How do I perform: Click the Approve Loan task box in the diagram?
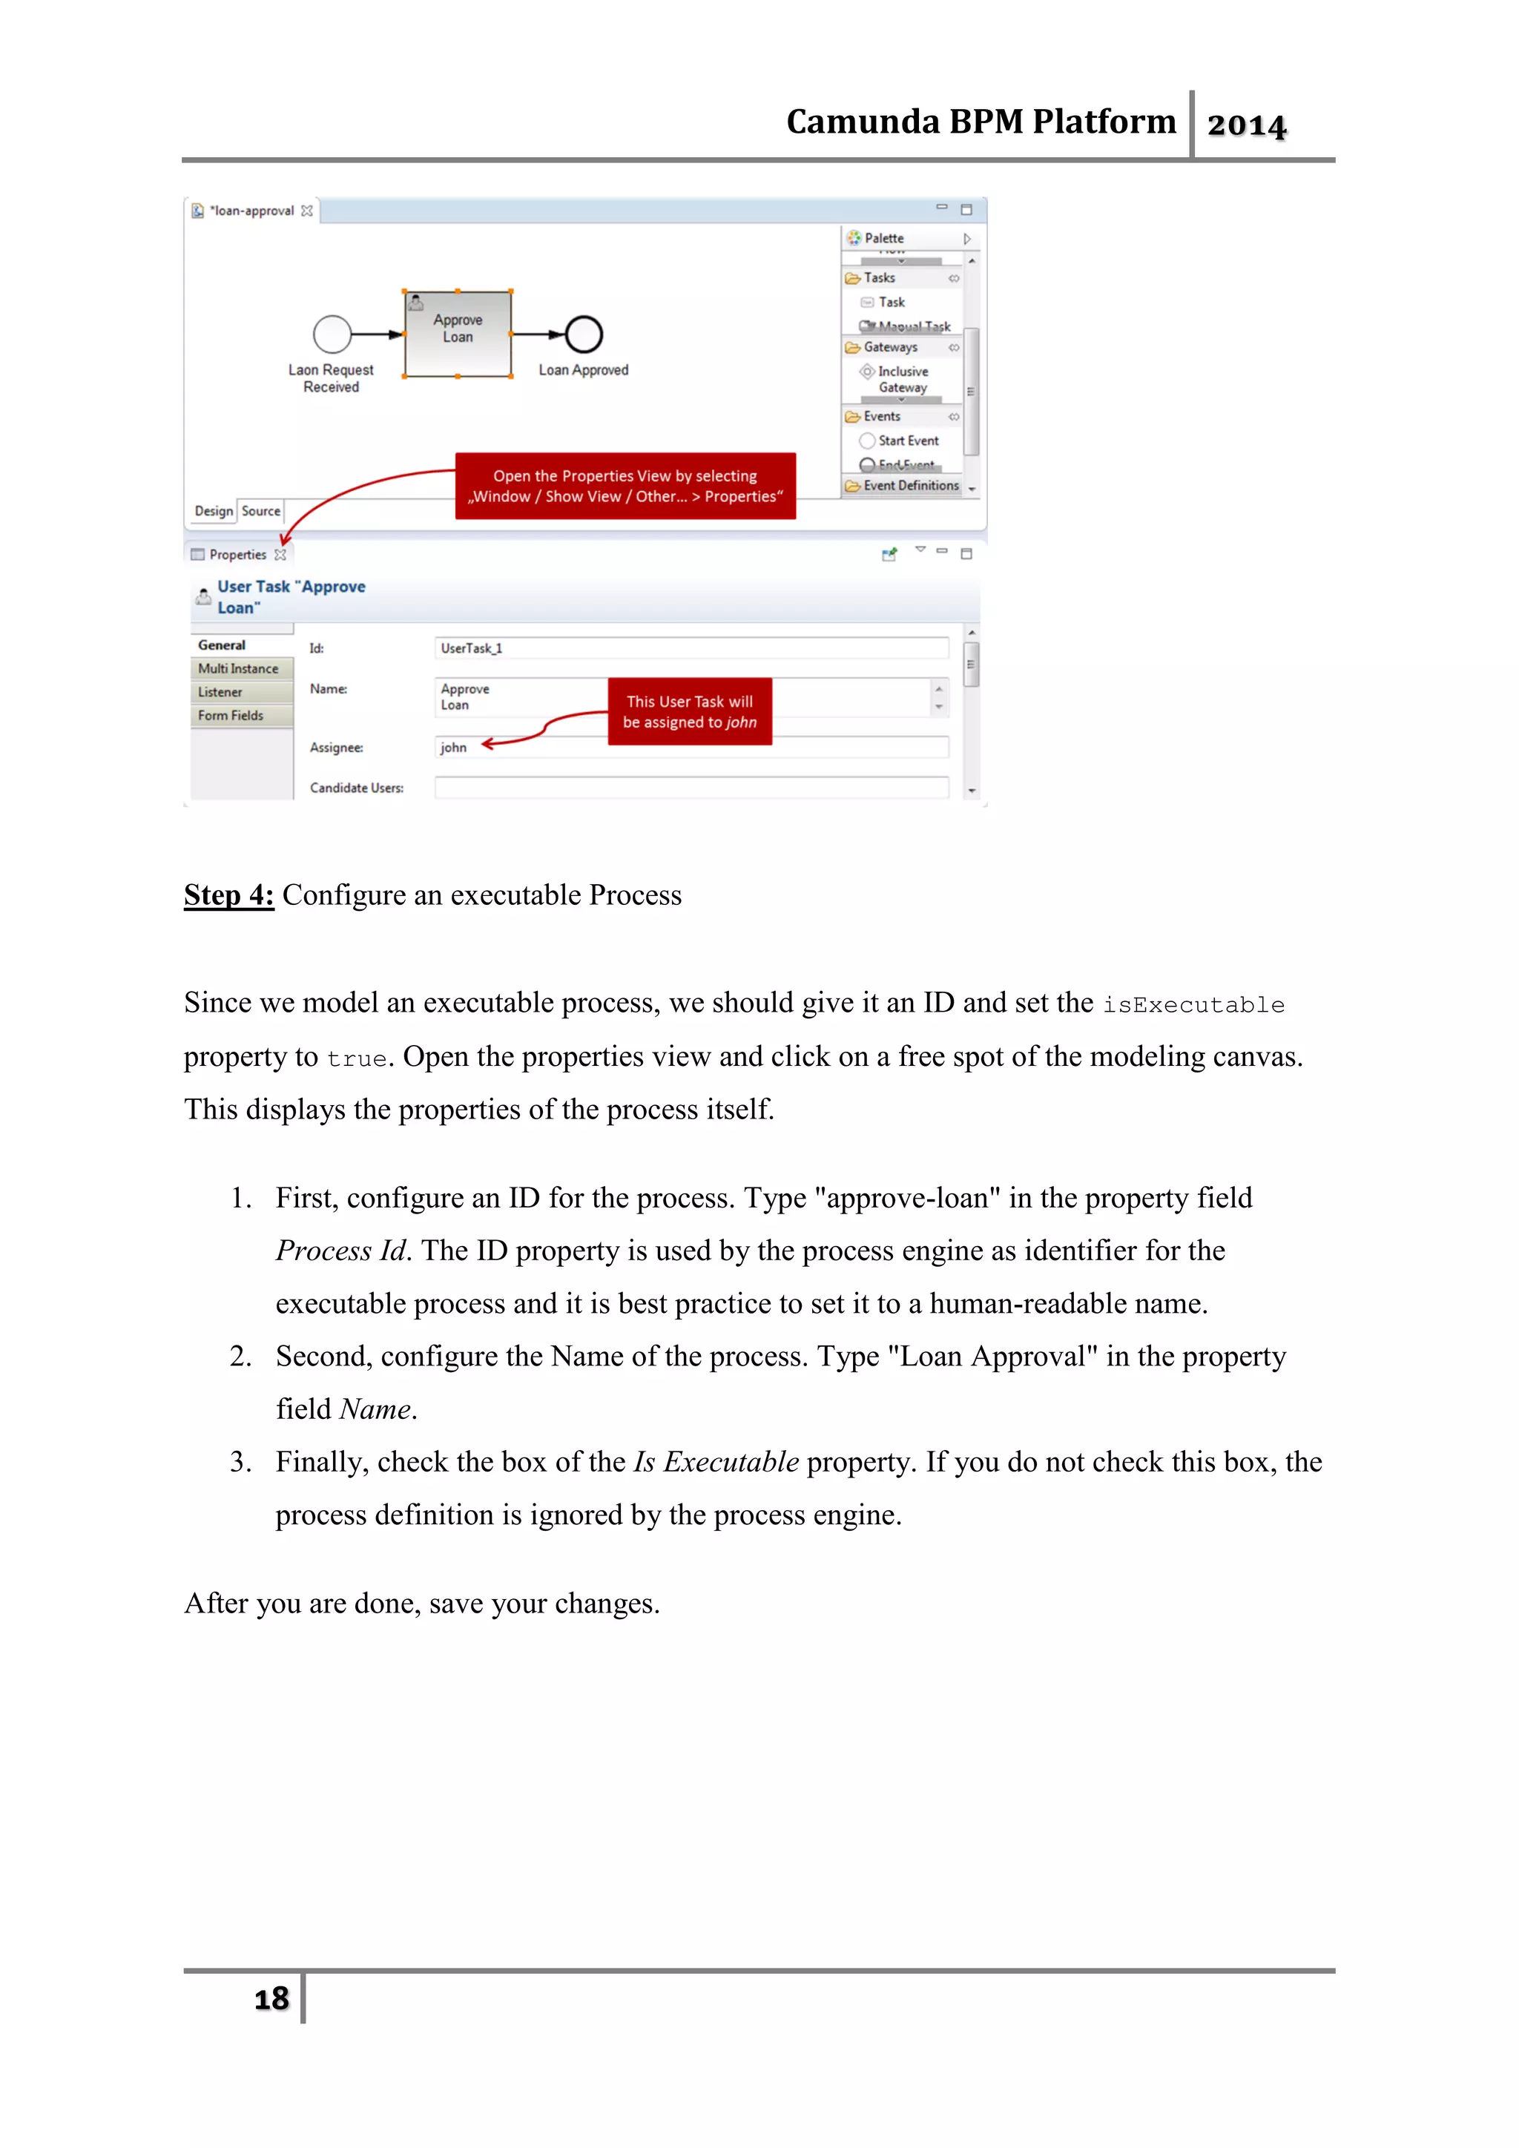pyautogui.click(x=458, y=334)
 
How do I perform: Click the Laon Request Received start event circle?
pyautogui.click(x=332, y=334)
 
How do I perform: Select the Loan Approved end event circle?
pyautogui.click(x=584, y=334)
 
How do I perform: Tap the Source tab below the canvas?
pyautogui.click(x=261, y=511)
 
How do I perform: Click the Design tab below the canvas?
pyautogui.click(x=214, y=511)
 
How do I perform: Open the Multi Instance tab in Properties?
pyautogui.click(x=239, y=669)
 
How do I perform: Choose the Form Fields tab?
pyautogui.click(x=231, y=716)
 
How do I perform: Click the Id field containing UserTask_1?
pyautogui.click(x=691, y=648)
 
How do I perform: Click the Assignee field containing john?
pyautogui.click(x=691, y=748)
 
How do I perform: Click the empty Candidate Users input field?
pyautogui.click(x=691, y=788)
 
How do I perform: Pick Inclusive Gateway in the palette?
pyautogui.click(x=902, y=379)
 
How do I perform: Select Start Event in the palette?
pyautogui.click(x=907, y=441)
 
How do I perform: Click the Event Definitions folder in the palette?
pyautogui.click(x=909, y=486)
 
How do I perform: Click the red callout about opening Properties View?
pyautogui.click(x=625, y=487)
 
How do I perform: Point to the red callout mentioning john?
pyautogui.click(x=689, y=712)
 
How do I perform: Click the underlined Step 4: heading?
pyautogui.click(x=229, y=895)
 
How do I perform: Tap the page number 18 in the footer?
pyautogui.click(x=271, y=1998)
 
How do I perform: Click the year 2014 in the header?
pyautogui.click(x=1246, y=125)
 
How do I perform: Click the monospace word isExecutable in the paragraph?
pyautogui.click(x=1193, y=1006)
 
